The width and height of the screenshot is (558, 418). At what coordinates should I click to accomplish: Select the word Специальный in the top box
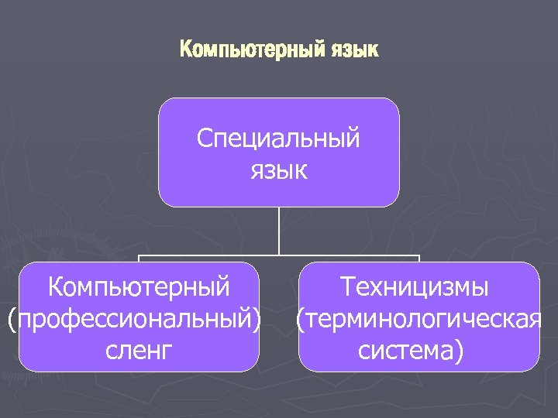pos(278,139)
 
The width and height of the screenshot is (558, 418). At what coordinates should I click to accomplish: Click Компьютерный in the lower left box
pos(139,287)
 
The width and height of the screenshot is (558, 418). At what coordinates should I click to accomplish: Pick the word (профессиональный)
pos(134,319)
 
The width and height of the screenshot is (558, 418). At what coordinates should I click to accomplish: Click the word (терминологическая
pos(418,319)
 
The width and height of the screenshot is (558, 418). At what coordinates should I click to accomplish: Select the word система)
pos(412,350)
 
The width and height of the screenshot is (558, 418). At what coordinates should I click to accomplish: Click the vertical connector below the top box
pos(279,230)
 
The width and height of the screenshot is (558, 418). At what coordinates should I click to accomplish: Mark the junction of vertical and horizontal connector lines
pos(279,255)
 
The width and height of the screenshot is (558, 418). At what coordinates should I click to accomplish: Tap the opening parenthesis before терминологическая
pos(299,319)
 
